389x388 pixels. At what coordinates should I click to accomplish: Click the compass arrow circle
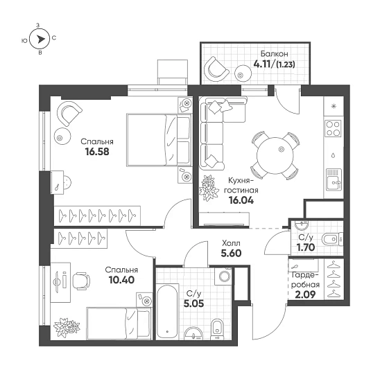point(41,40)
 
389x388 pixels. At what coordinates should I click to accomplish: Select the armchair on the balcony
point(217,67)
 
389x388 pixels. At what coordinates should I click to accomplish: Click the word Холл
point(231,243)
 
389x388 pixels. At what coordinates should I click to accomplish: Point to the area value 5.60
point(231,254)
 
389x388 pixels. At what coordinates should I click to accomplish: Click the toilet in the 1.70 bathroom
point(329,239)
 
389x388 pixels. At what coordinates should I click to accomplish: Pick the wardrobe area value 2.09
point(305,294)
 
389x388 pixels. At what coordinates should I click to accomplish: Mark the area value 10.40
point(121,281)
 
